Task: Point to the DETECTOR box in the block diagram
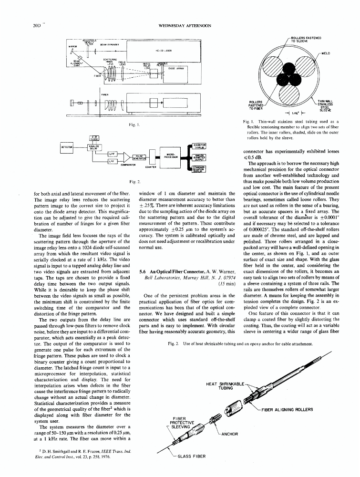[x=68, y=148]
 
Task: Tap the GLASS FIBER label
[x=191, y=456]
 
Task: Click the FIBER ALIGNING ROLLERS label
[x=287, y=409]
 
